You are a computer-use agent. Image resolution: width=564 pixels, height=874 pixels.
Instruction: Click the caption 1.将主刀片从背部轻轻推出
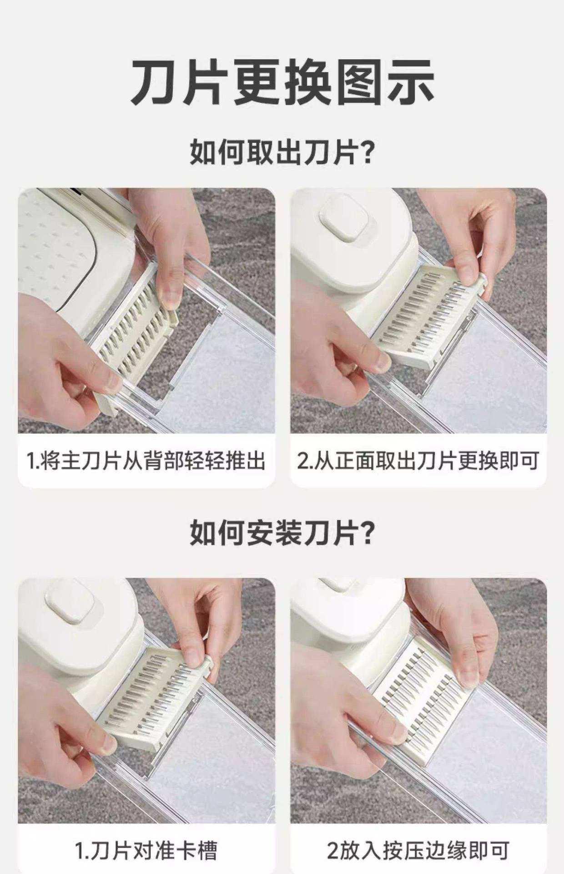tap(146, 461)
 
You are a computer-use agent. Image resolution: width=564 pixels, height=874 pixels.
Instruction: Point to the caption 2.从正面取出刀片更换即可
tap(418, 461)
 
